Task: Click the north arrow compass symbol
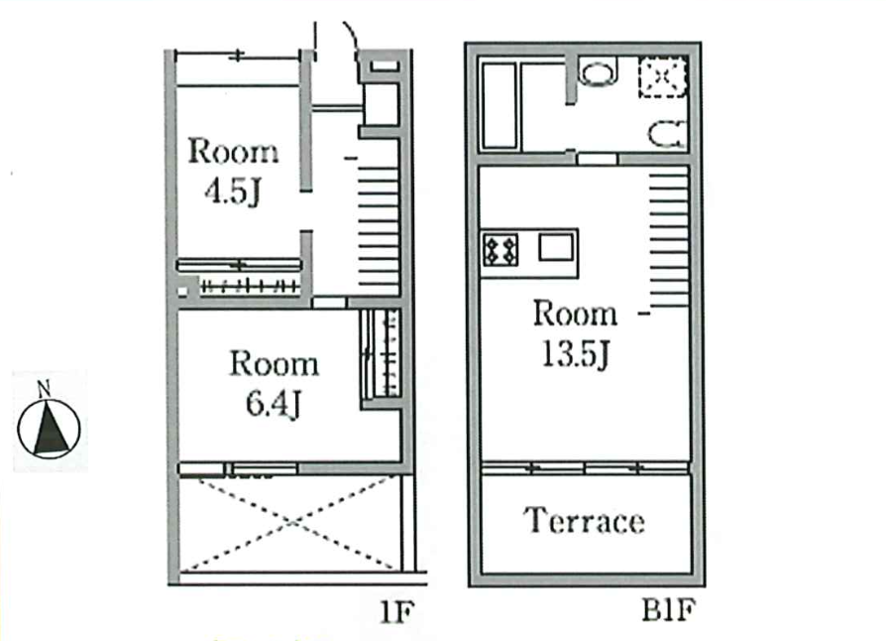(x=49, y=429)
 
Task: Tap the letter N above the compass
(x=44, y=389)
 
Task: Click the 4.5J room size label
(x=232, y=192)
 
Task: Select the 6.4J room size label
(x=273, y=404)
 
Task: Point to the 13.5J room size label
(x=575, y=354)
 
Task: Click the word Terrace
(x=584, y=521)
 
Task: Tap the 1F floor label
(x=396, y=611)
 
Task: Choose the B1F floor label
(x=668, y=610)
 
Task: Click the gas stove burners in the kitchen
(x=500, y=249)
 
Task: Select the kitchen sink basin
(x=556, y=247)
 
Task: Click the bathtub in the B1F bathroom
(x=499, y=106)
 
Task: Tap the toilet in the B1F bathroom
(x=667, y=135)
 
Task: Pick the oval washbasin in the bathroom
(x=599, y=73)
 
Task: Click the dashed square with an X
(x=663, y=77)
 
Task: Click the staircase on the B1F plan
(x=669, y=240)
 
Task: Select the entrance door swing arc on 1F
(x=352, y=34)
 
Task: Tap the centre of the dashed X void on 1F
(x=289, y=523)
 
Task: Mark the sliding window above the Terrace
(x=585, y=468)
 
